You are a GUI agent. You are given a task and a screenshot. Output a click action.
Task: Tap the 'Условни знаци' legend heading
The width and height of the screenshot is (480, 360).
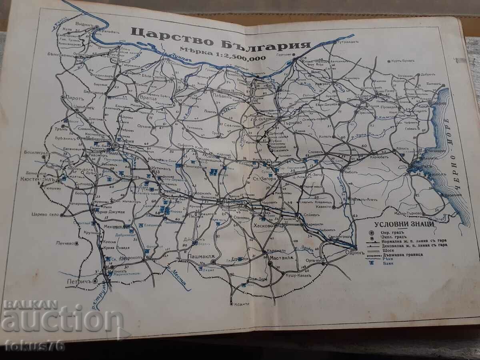click(402, 225)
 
